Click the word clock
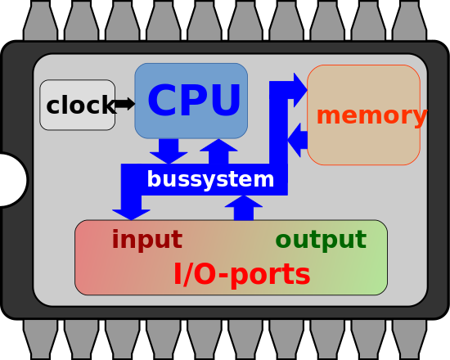coord(80,106)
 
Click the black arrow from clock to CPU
coord(125,104)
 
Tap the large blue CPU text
coord(194,102)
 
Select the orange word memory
coord(371,116)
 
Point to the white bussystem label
coord(210,179)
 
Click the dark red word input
coord(146,241)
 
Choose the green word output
coord(320,241)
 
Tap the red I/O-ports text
coord(241,275)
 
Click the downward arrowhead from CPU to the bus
coord(169,155)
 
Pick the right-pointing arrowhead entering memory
coord(299,83)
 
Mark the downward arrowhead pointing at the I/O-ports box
coord(131,213)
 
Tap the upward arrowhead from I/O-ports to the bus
coord(244,202)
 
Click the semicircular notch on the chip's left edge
coord(11,180)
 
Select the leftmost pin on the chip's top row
coord(40,22)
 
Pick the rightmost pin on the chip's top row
coord(409,22)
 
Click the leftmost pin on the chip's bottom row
coord(40,337)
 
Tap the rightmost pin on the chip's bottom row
coord(409,337)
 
